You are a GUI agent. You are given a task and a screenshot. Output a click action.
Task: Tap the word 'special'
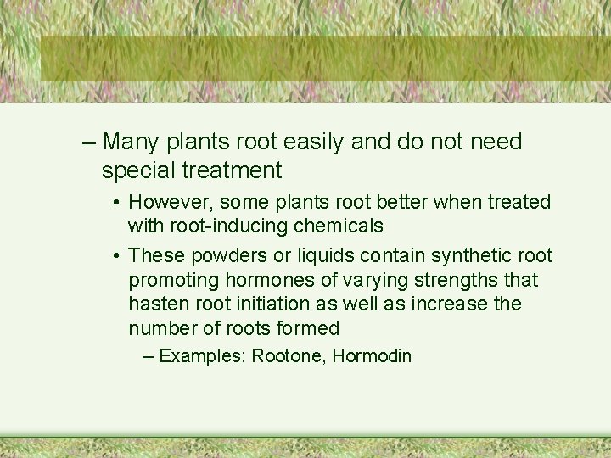point(137,170)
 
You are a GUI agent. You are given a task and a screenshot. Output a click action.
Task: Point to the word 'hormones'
point(266,280)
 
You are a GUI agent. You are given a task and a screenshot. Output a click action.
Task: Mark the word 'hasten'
point(156,304)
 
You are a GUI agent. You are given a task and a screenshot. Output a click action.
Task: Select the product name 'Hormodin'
point(372,356)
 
